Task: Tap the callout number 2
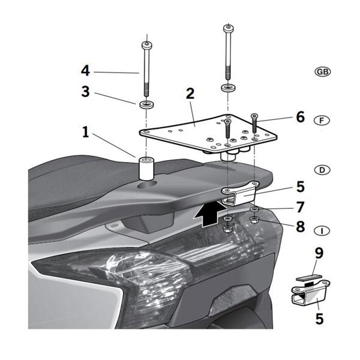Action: pos(190,94)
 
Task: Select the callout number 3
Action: pos(85,92)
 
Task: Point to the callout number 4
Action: pos(85,70)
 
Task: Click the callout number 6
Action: pos(300,116)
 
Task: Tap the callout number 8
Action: pos(300,228)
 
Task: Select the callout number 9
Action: pos(319,253)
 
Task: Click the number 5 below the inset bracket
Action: pos(319,318)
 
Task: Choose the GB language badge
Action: pos(322,71)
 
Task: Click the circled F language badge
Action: pos(322,121)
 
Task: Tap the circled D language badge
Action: pos(322,170)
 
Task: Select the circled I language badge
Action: pos(322,230)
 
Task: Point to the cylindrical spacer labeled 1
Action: pos(147,168)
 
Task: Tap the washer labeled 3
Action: pos(145,106)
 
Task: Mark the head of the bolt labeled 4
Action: pos(145,44)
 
